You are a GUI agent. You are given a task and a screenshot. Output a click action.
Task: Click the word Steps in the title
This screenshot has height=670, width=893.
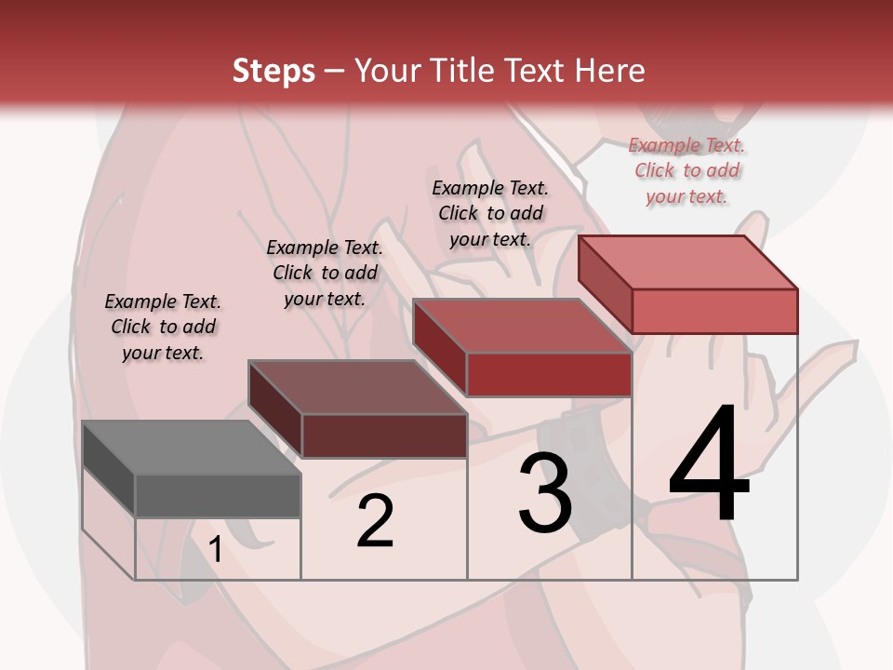point(273,71)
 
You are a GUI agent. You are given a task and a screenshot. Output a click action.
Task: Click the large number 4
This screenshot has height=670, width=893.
point(709,465)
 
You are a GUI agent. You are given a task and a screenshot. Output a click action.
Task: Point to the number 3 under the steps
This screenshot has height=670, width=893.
point(545,493)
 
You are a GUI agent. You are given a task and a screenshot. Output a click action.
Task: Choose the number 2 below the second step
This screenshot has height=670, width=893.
point(375,521)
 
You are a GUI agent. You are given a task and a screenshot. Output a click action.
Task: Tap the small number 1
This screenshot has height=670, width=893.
point(216,550)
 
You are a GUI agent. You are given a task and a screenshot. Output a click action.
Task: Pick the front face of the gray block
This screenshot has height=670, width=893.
point(218,495)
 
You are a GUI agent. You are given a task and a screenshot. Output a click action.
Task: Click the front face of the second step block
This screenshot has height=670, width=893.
point(383,435)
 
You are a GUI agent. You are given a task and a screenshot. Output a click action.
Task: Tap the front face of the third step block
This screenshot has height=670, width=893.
point(549,374)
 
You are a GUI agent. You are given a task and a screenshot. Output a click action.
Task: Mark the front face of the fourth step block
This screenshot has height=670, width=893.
point(714,311)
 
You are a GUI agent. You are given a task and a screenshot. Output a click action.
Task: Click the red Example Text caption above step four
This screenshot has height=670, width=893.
point(686,170)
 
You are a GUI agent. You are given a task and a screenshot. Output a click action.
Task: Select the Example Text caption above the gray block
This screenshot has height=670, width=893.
point(163,327)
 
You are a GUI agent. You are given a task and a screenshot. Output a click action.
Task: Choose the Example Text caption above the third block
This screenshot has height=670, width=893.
point(490,213)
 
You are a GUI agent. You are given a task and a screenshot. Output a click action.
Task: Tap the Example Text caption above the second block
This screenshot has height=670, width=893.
point(325,273)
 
